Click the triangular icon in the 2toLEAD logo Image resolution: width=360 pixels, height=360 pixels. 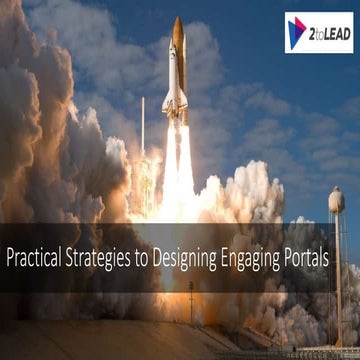pyautogui.click(x=297, y=32)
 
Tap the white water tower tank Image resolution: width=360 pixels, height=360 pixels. pyautogui.click(x=337, y=200)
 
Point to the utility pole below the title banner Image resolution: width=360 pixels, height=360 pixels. pyautogui.click(x=191, y=301)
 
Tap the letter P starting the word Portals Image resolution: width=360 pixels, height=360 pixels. pyautogui.click(x=306, y=257)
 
